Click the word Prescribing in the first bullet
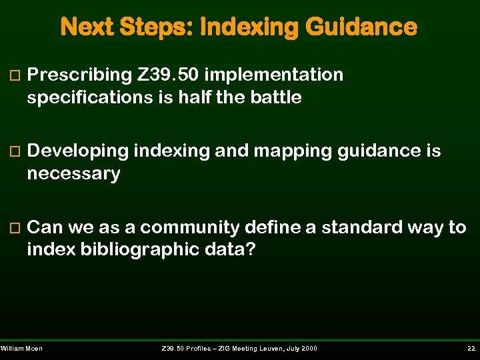[x=79, y=75]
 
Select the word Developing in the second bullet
[x=78, y=151]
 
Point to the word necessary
[x=73, y=174]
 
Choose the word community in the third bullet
[x=189, y=228]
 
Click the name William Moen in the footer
[x=22, y=349]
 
